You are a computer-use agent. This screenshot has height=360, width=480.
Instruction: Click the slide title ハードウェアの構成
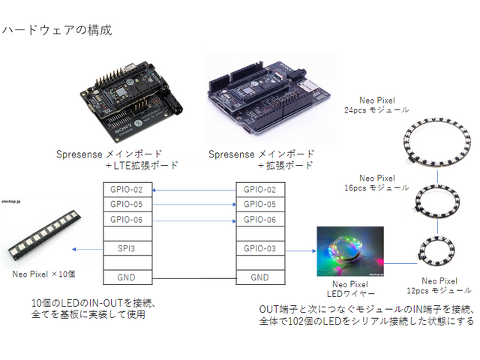(x=57, y=31)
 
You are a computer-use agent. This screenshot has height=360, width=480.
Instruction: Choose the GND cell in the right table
(x=259, y=277)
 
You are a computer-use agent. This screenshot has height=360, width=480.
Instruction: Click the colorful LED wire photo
(x=349, y=251)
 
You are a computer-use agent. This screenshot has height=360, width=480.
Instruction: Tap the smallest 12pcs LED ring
(x=436, y=254)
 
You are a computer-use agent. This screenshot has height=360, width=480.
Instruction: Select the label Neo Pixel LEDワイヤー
(x=349, y=289)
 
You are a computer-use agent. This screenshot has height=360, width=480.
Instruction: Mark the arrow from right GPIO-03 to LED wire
(x=300, y=247)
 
